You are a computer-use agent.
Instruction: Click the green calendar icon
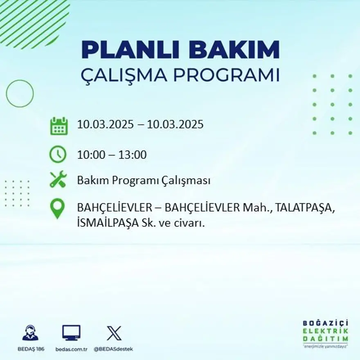(x=59, y=126)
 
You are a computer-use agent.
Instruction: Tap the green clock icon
(x=58, y=154)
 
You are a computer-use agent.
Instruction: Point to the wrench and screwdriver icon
(x=58, y=180)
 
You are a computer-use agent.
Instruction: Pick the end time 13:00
(x=133, y=155)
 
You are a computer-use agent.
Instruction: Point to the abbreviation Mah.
(x=256, y=208)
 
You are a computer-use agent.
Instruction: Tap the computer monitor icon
(x=71, y=333)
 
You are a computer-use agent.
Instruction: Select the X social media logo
(x=114, y=333)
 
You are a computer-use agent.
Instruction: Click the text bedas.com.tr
(x=72, y=349)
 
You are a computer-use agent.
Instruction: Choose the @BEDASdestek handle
(x=113, y=349)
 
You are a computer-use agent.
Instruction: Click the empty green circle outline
(x=20, y=94)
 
